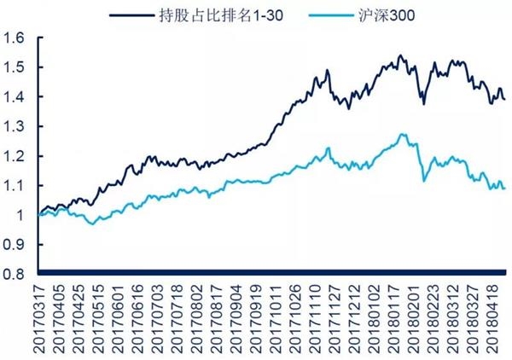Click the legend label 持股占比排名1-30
point(221,15)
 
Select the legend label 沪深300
point(387,15)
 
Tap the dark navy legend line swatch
point(131,15)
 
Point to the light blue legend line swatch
point(331,15)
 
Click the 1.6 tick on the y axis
point(14,38)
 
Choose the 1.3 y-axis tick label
point(14,126)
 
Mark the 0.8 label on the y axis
point(14,274)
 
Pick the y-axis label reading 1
point(20,215)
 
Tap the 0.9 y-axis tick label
point(14,245)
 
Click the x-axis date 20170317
point(39,319)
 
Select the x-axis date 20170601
point(118,319)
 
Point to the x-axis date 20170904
point(236,319)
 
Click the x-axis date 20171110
point(314,319)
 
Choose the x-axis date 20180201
point(413,319)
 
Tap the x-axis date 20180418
point(492,319)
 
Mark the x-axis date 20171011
point(275,319)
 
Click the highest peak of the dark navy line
point(400,55)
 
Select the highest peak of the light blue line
point(403,134)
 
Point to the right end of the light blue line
point(505,189)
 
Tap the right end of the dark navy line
point(505,99)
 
